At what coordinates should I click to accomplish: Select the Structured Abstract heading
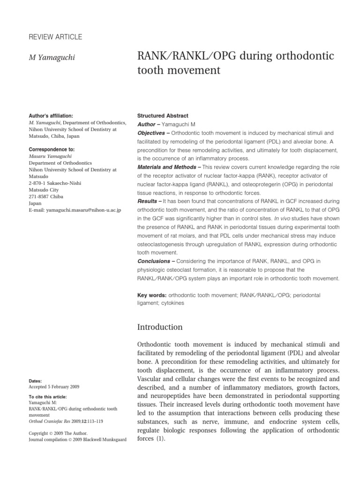tap(162, 115)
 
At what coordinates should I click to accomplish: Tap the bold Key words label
tap(151, 295)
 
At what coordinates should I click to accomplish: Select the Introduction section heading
tap(159, 327)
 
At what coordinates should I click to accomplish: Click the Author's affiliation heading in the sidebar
tap(51, 115)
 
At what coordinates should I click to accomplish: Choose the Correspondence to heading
tap(51, 150)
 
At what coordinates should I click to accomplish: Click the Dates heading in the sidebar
tap(35, 381)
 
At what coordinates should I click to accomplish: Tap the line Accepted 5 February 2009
tap(54, 387)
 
